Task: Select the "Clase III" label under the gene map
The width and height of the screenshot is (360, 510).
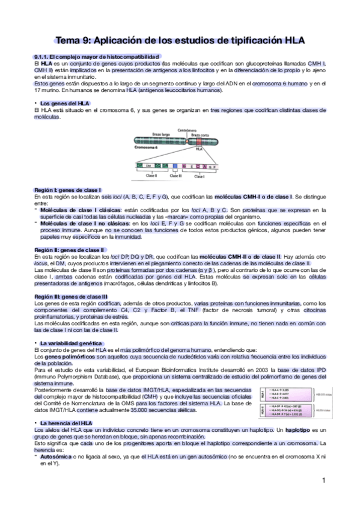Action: click(175, 176)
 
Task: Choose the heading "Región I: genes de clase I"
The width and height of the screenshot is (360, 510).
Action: click(67, 190)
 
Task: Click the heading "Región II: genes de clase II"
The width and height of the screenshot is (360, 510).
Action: click(70, 250)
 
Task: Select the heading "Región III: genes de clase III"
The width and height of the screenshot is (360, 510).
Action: click(72, 296)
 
